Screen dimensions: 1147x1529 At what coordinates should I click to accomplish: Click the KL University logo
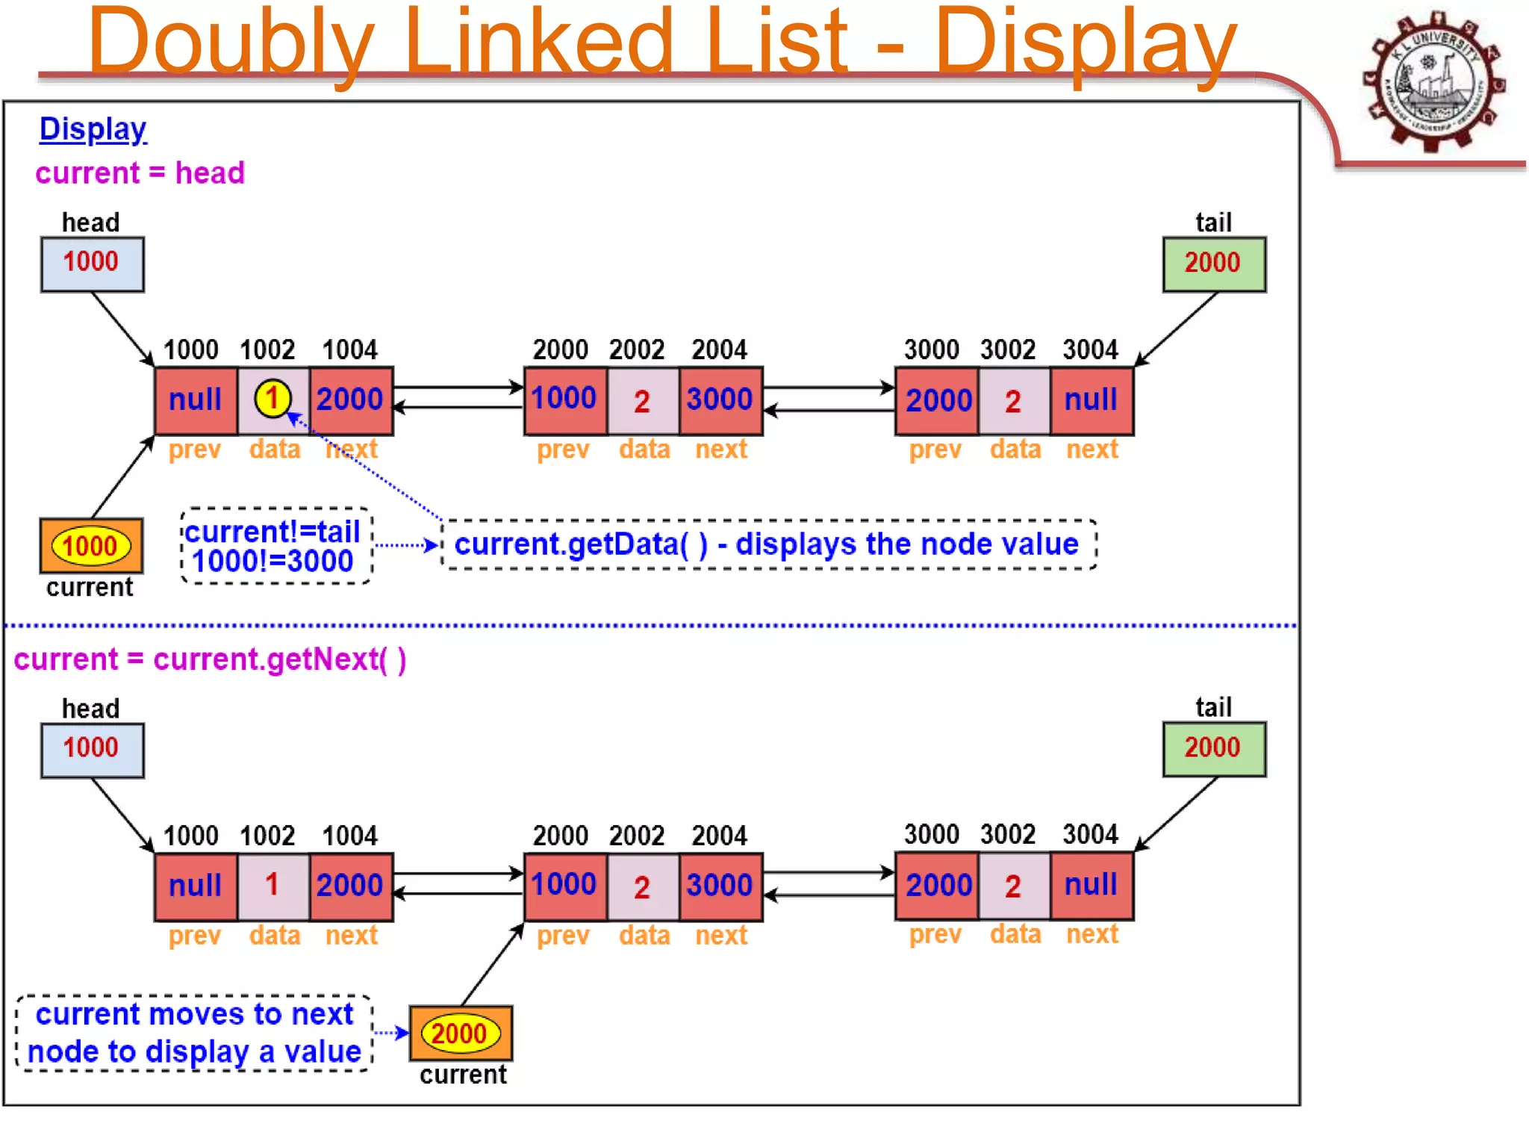(x=1433, y=81)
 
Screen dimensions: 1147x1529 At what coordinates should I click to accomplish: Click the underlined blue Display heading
(x=93, y=129)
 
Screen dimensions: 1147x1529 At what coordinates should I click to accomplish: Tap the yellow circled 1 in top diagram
(x=273, y=399)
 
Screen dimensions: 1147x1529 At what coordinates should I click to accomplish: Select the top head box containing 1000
(x=92, y=264)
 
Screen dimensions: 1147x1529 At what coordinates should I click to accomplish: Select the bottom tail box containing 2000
(x=1213, y=748)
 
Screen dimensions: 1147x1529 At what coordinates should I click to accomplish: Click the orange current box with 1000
(x=90, y=547)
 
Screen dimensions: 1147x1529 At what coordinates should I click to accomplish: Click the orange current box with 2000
(x=460, y=1033)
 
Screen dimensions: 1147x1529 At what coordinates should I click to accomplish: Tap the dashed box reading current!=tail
(x=275, y=547)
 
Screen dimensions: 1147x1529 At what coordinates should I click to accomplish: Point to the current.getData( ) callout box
(x=768, y=544)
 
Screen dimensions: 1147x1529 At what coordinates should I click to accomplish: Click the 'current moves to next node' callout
(x=194, y=1033)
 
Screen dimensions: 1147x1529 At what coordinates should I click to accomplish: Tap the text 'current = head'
(x=140, y=173)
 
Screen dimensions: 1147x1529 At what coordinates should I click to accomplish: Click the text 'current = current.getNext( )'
(x=210, y=659)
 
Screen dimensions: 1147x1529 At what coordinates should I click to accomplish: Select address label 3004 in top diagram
(x=1090, y=349)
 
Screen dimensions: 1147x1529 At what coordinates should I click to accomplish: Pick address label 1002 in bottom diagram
(x=267, y=836)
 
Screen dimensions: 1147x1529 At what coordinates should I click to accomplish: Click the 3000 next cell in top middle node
(x=720, y=400)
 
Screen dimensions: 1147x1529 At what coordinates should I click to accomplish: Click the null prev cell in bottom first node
(x=196, y=886)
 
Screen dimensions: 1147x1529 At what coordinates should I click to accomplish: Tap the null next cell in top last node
(x=1091, y=400)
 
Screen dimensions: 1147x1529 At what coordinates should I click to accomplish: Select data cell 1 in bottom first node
(x=273, y=886)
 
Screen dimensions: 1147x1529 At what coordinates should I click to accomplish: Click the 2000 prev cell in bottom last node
(x=938, y=886)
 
